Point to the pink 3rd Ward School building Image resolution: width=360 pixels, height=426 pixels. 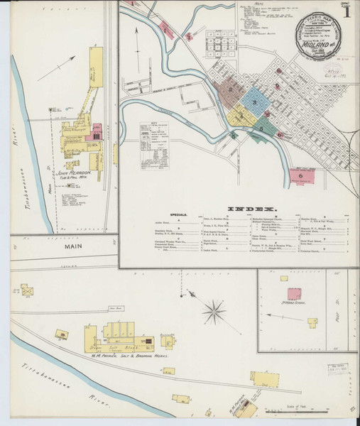click(x=293, y=293)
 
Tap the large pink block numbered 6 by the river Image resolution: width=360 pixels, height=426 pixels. click(x=301, y=175)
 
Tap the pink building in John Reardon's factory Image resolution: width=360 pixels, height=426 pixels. click(x=97, y=133)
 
